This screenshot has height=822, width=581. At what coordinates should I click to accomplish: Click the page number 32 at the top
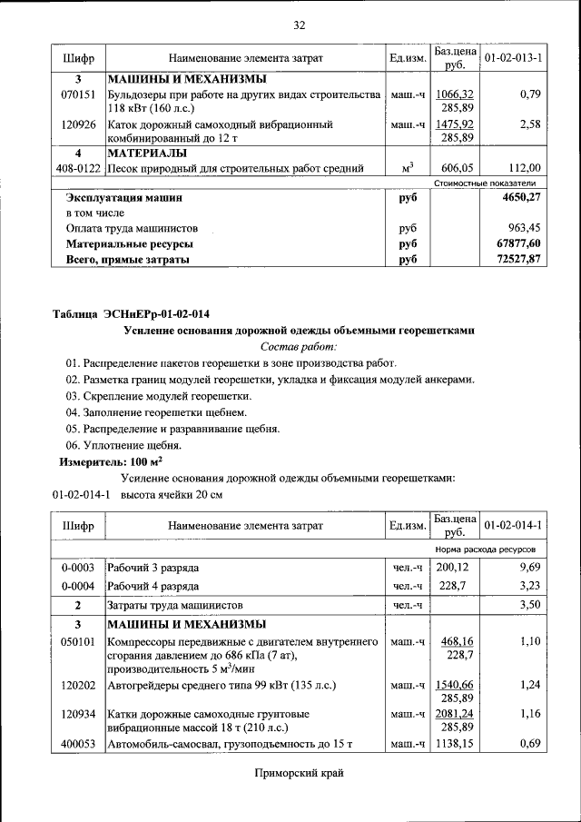(x=299, y=25)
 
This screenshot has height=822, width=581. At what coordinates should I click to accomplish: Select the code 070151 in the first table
(x=78, y=94)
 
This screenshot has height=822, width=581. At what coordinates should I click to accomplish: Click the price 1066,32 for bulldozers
(x=454, y=94)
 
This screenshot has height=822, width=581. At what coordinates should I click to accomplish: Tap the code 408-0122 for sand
(x=78, y=168)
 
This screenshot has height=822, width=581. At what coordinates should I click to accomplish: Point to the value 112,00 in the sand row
(x=524, y=168)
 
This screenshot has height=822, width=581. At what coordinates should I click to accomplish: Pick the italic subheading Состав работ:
(x=299, y=346)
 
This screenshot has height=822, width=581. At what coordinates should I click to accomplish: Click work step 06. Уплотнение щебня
(x=123, y=445)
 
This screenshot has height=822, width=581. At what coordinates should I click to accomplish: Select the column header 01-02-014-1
(x=513, y=526)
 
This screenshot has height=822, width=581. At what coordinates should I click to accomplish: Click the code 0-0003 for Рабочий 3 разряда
(x=78, y=568)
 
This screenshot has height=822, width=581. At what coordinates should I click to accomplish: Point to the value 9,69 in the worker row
(x=529, y=568)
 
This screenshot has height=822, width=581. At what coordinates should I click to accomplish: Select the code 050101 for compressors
(x=78, y=642)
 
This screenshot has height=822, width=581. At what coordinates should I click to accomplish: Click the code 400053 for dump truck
(x=78, y=745)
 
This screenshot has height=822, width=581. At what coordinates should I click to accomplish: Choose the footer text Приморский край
(x=299, y=773)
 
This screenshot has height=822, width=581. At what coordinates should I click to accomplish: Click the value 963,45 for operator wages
(x=524, y=229)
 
